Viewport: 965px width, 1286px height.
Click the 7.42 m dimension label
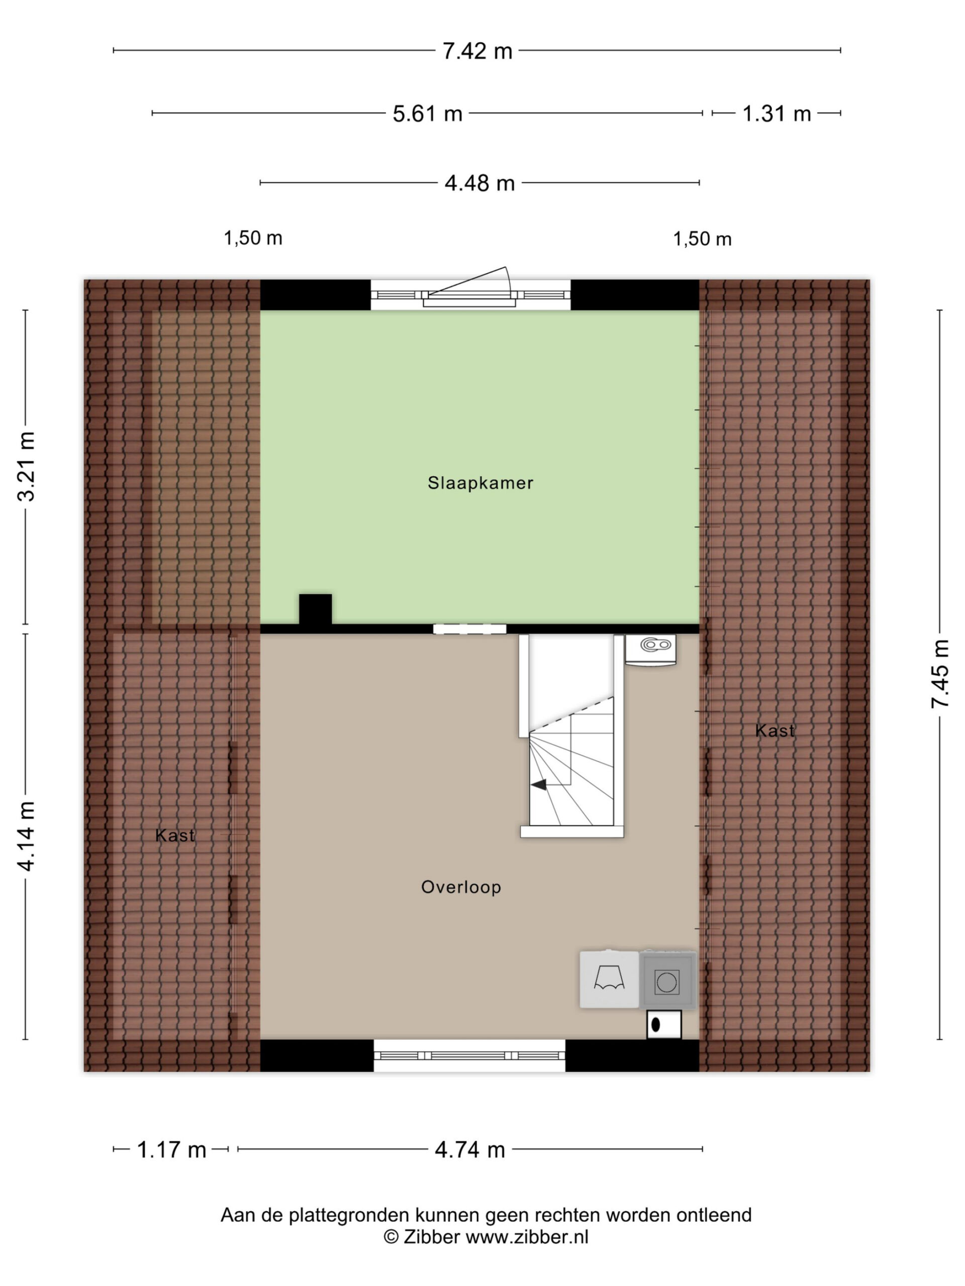point(477,51)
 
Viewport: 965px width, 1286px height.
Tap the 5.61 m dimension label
point(428,114)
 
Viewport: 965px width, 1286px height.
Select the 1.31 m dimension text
point(777,114)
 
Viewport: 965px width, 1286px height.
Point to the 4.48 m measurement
point(480,183)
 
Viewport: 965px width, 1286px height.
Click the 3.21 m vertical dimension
point(27,466)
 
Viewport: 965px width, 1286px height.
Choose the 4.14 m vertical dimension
point(27,836)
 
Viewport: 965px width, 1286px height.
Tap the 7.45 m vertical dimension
point(940,674)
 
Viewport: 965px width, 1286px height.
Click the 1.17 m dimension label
point(171,1149)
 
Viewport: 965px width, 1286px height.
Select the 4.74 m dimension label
point(470,1149)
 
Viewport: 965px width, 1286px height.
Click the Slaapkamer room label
point(480,483)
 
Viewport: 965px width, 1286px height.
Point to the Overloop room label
point(461,887)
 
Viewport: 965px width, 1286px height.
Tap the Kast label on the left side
point(174,835)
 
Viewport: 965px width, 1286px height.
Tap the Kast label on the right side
point(774,731)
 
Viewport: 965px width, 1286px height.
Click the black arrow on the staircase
point(539,785)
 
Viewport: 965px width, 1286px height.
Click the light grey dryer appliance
point(609,980)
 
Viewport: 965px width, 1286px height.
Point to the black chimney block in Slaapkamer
point(315,609)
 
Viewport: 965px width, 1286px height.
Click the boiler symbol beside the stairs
point(651,650)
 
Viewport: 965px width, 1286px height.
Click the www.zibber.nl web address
point(527,1237)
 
